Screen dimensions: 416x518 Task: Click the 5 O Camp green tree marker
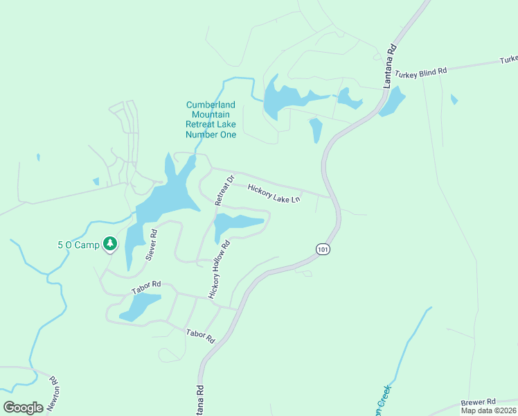coord(109,244)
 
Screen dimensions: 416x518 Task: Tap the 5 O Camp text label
coord(78,245)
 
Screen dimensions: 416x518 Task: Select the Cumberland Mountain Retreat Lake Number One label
coord(211,119)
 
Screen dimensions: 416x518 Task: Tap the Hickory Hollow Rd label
coord(217,269)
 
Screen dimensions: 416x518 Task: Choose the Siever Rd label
coord(151,244)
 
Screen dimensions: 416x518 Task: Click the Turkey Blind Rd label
coord(421,71)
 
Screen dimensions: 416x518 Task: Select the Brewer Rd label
coord(479,401)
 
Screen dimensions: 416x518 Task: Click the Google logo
coord(23,408)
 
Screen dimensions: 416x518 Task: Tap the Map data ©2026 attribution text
coord(489,410)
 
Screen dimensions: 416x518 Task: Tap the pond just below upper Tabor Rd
coord(141,306)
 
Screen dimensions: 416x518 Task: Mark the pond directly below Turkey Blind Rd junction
coord(392,101)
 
